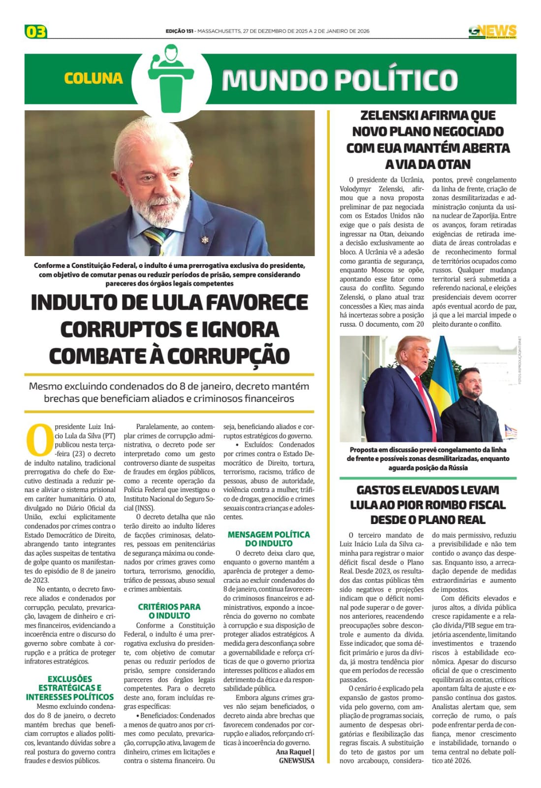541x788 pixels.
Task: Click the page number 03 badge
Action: click(x=35, y=32)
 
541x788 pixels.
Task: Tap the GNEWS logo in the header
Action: click(x=492, y=32)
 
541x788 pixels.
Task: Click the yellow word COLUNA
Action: click(x=93, y=78)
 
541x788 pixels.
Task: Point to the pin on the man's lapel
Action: click(x=204, y=240)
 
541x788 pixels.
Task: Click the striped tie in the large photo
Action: click(x=157, y=242)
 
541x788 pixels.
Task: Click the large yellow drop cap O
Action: click(x=38, y=440)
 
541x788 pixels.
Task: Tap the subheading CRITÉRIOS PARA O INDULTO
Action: click(x=169, y=611)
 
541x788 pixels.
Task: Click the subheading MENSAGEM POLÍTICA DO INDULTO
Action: click(x=269, y=539)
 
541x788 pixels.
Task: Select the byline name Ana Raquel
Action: click(x=293, y=752)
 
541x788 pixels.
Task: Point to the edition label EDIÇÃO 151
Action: click(x=179, y=31)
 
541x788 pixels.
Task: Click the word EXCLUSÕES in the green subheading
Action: click(x=70, y=679)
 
